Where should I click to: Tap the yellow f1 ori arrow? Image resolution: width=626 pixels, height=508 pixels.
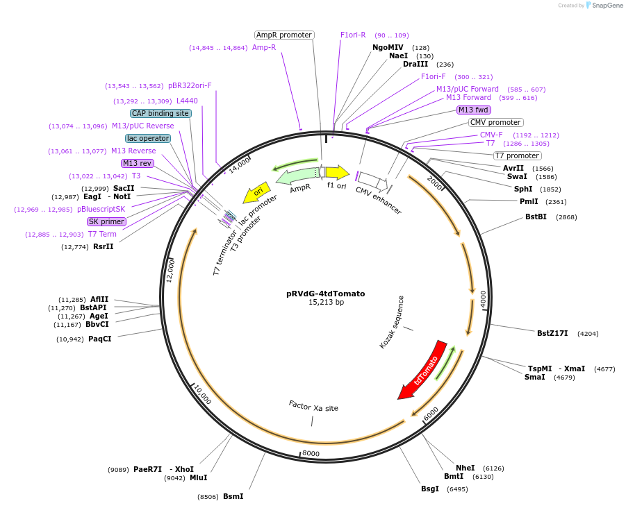pyautogui.click(x=337, y=172)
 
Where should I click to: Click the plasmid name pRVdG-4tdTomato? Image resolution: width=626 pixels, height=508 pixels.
pyautogui.click(x=325, y=294)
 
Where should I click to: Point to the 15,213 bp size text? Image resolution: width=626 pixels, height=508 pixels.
pyautogui.click(x=326, y=303)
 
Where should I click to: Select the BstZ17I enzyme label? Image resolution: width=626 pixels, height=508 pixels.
pyautogui.click(x=552, y=333)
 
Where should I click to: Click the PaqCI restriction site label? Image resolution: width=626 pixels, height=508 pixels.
pyautogui.click(x=99, y=339)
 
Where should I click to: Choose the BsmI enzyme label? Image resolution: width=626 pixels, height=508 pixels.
pyautogui.click(x=233, y=496)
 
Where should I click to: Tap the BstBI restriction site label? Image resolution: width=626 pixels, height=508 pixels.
pyautogui.click(x=536, y=217)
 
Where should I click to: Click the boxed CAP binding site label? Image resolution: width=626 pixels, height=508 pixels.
pyautogui.click(x=160, y=113)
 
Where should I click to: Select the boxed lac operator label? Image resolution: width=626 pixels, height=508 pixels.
pyautogui.click(x=148, y=138)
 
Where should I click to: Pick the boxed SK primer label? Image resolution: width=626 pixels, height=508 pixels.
pyautogui.click(x=106, y=221)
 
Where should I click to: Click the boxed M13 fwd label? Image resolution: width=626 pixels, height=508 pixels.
pyautogui.click(x=474, y=110)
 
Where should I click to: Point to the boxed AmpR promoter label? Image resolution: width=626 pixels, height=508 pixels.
pyautogui.click(x=284, y=35)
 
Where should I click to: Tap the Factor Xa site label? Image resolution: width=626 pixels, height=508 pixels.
pyautogui.click(x=313, y=407)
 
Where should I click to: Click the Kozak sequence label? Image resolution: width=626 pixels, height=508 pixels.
pyautogui.click(x=392, y=322)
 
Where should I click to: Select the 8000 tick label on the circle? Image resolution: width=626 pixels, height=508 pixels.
pyautogui.click(x=311, y=454)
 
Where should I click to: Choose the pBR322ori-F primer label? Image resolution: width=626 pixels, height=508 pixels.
pyautogui.click(x=190, y=86)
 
